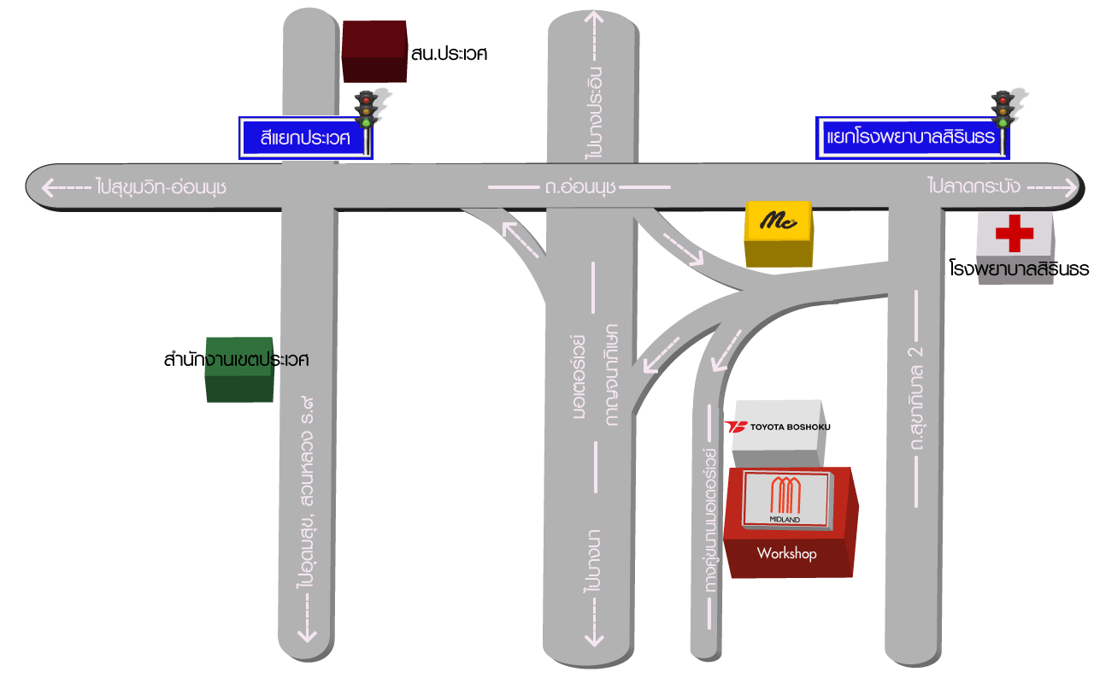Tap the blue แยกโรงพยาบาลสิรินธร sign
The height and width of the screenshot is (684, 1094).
click(x=911, y=138)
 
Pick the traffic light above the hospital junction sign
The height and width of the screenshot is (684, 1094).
click(x=1002, y=109)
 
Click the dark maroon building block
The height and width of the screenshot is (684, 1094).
click(x=373, y=50)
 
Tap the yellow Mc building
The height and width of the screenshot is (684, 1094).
click(x=778, y=232)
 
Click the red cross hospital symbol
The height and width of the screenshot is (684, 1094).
click(x=1015, y=233)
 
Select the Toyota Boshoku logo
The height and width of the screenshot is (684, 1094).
click(x=777, y=427)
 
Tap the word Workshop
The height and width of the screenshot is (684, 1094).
click(x=786, y=554)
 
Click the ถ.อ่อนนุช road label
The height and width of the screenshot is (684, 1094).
click(x=580, y=186)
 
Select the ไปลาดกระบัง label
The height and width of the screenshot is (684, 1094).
click(x=973, y=186)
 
